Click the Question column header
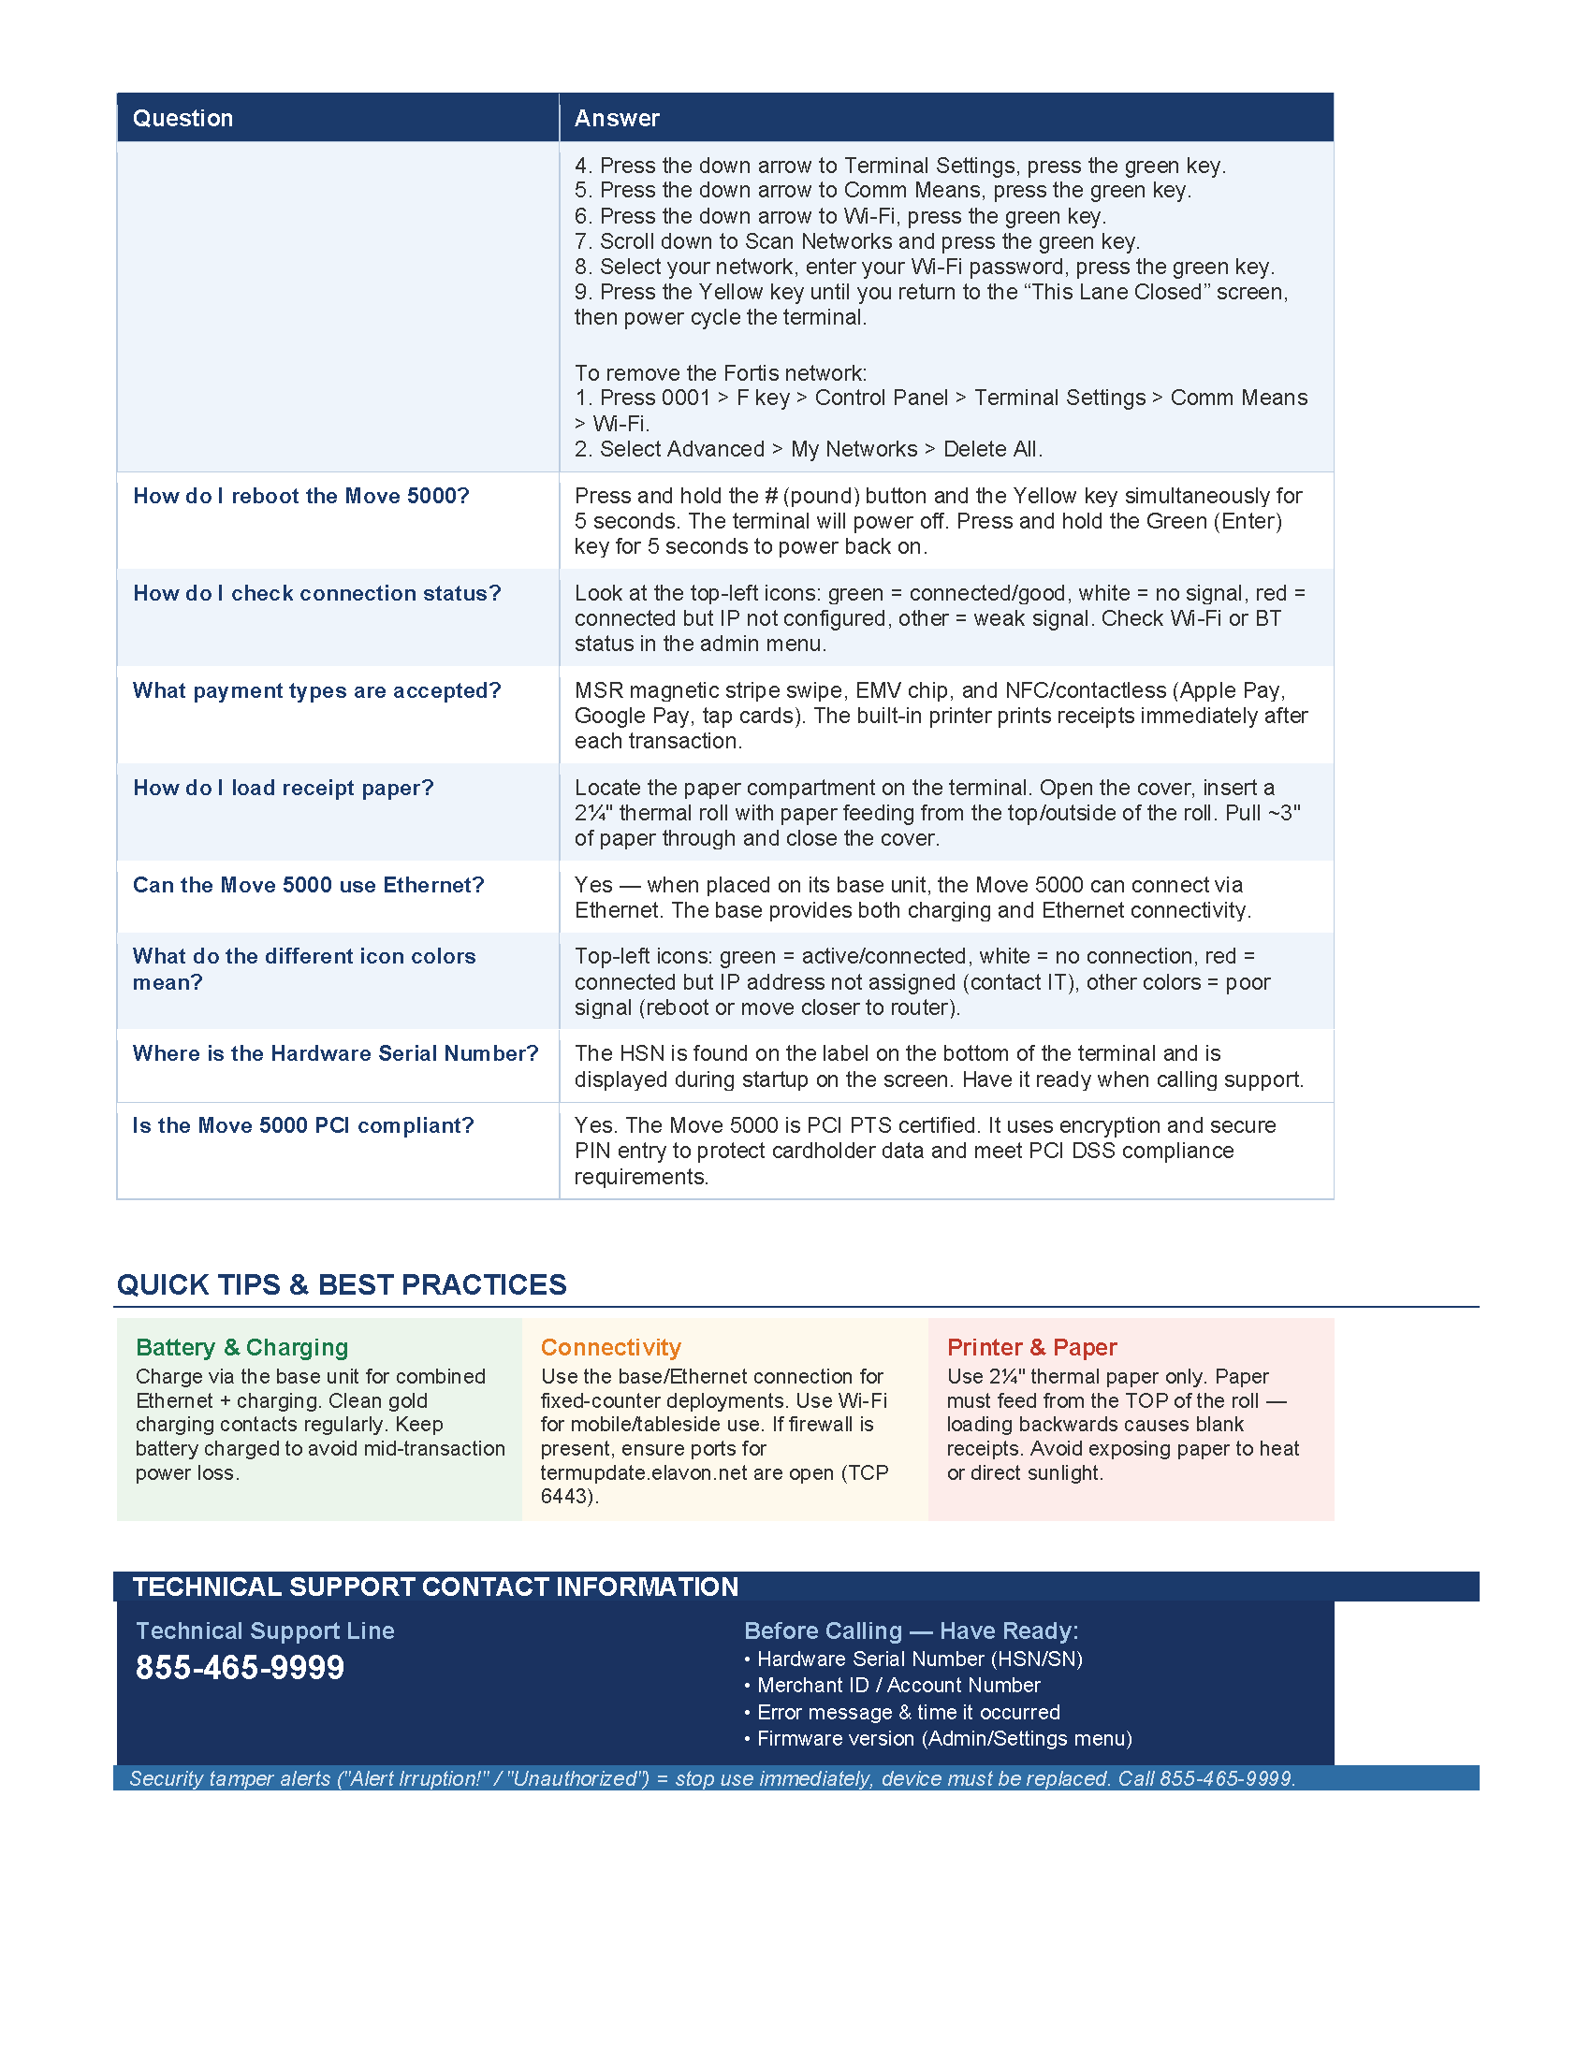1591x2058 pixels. click(x=182, y=118)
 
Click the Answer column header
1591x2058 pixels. click(x=617, y=118)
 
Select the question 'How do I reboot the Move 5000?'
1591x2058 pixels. click(x=300, y=496)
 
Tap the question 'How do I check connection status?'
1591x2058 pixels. click(x=316, y=593)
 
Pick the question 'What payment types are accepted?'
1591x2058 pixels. click(x=316, y=690)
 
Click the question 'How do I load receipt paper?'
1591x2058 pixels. click(x=283, y=788)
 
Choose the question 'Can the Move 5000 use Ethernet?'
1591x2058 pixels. click(x=308, y=885)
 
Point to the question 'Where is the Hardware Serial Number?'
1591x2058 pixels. click(x=336, y=1053)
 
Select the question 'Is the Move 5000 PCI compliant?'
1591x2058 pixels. click(x=302, y=1125)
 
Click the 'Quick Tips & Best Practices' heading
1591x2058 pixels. click(x=342, y=1284)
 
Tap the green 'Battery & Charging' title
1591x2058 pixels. click(x=242, y=1347)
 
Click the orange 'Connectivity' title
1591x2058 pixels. click(x=611, y=1347)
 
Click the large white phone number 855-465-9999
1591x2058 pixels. click(x=241, y=1668)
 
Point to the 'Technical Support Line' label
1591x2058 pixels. click(x=265, y=1631)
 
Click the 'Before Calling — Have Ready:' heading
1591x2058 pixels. click(x=911, y=1631)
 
